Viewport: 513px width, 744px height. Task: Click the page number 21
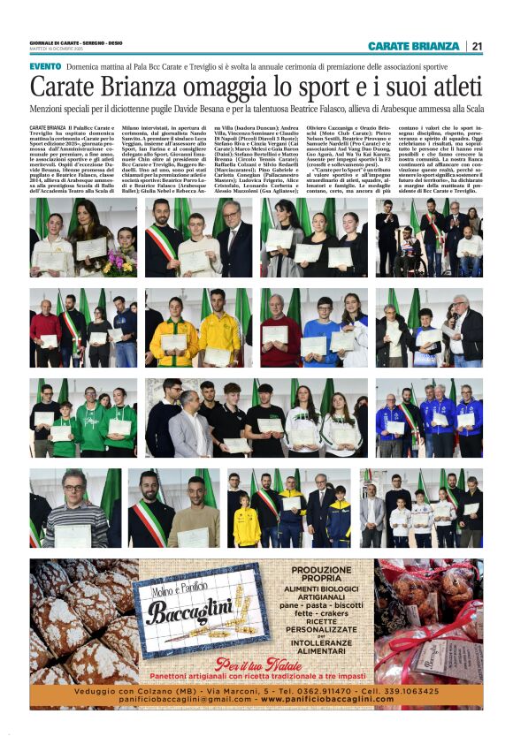coord(477,46)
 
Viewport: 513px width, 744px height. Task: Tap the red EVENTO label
coord(45,66)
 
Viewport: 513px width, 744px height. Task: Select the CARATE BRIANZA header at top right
coord(413,46)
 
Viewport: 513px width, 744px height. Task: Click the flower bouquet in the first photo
coord(119,262)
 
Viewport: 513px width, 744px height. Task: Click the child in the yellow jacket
coord(247,525)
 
